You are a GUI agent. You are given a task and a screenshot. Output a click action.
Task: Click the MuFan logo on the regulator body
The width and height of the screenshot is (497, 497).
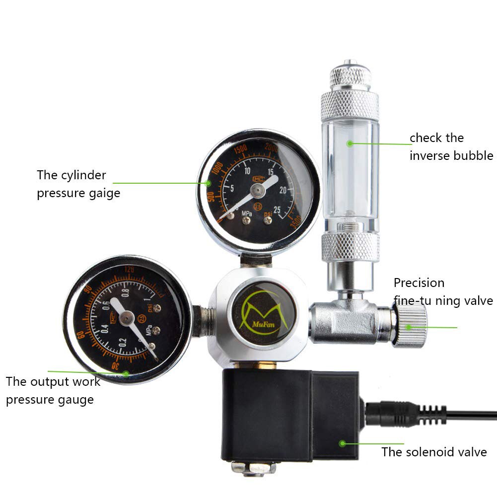tap(263, 312)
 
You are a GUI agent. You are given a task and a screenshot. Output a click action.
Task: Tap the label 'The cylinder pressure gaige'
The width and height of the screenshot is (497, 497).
tap(78, 184)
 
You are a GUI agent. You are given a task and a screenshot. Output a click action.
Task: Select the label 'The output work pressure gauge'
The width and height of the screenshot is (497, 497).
tap(53, 391)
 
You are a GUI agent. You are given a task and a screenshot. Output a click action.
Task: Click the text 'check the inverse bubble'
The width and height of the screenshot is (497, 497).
tap(451, 146)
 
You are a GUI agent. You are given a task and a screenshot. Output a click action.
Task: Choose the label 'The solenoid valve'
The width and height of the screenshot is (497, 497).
tap(434, 452)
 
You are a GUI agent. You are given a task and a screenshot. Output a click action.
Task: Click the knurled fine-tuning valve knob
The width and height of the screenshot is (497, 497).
tap(411, 326)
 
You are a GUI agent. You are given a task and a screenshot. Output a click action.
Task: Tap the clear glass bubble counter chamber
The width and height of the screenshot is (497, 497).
tap(350, 169)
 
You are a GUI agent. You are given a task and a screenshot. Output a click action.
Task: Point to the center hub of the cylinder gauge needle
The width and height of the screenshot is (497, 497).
tap(257, 190)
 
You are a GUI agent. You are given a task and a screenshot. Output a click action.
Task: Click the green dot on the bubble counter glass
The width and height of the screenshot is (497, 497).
tap(350, 143)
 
